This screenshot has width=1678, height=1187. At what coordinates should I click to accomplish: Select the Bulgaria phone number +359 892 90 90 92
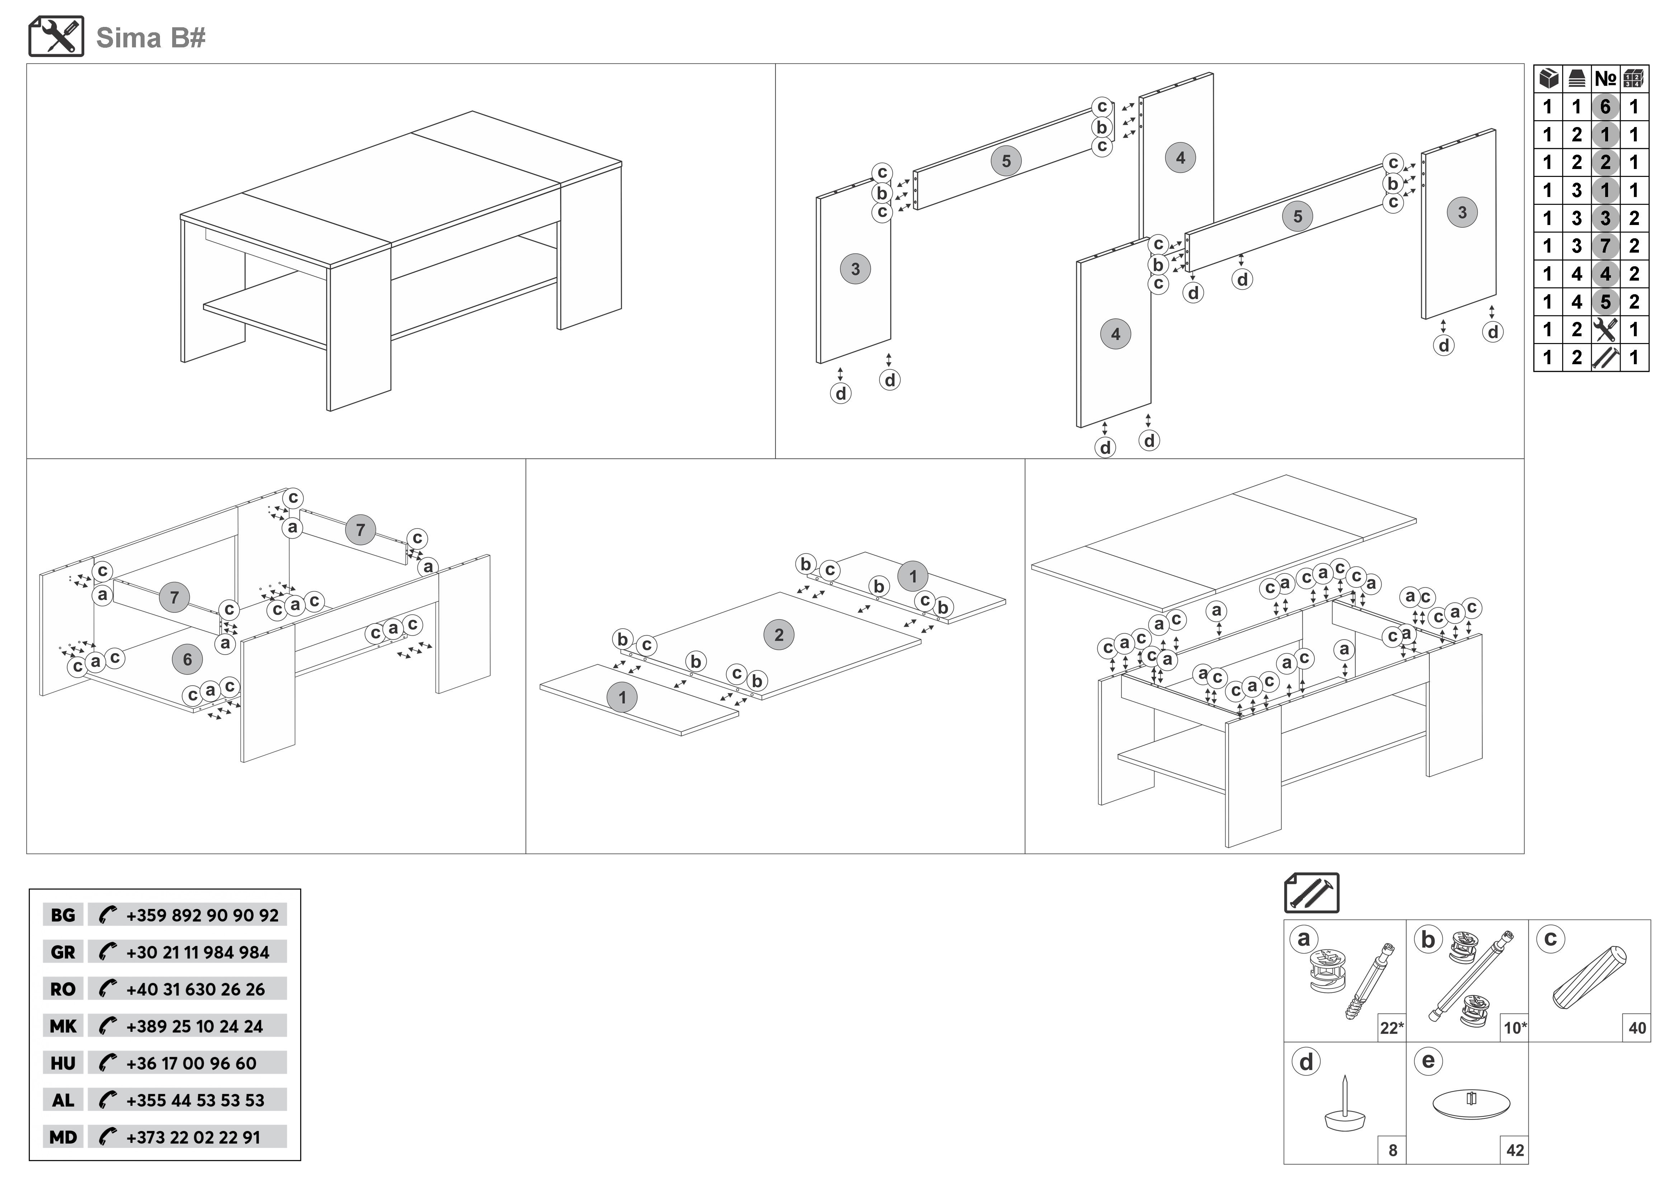click(x=202, y=915)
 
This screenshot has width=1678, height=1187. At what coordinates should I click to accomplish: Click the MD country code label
click(x=63, y=1137)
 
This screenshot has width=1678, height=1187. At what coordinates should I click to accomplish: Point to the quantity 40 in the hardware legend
click(x=1637, y=1028)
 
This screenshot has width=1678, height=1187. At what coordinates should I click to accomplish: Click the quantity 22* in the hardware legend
click(x=1391, y=1028)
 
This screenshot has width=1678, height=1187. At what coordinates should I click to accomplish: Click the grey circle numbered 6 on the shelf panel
click(x=187, y=659)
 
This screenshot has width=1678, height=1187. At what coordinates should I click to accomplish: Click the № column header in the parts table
click(x=1605, y=78)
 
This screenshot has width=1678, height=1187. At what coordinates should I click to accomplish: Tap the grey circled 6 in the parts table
click(x=1605, y=107)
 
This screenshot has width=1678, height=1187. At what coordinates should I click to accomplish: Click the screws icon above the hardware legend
click(x=1311, y=892)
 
